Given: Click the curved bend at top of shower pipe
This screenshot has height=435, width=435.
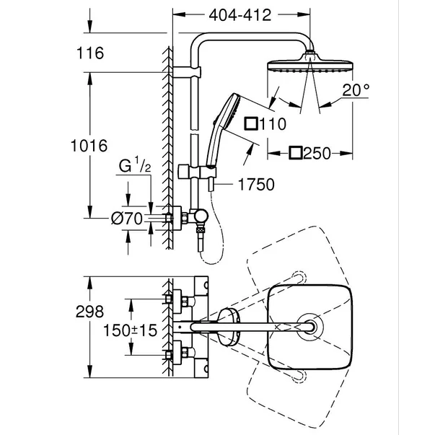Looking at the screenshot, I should point(200,45).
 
